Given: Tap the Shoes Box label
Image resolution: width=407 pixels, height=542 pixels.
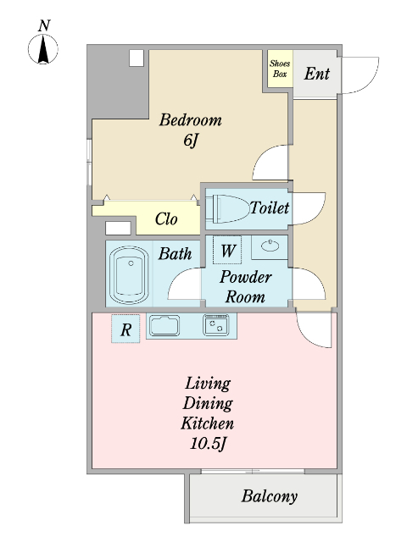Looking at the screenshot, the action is click(x=280, y=69).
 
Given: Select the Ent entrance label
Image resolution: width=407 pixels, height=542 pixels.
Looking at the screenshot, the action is click(x=316, y=74).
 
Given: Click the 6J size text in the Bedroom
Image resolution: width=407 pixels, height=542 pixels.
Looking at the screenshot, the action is click(x=191, y=141).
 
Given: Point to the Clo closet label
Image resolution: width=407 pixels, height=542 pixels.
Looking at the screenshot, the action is click(x=166, y=218).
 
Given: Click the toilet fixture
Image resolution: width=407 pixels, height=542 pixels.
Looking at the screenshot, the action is click(x=227, y=208).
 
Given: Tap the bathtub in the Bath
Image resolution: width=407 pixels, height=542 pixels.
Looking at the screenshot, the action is click(x=129, y=274).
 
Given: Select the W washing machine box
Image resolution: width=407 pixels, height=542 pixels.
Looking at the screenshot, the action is click(x=227, y=250).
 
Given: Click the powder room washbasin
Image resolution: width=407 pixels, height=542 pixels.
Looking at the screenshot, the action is click(x=270, y=246).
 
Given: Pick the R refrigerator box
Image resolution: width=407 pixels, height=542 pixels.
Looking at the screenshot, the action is click(x=125, y=329).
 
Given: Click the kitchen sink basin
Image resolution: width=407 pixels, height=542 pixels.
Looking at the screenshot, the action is click(x=164, y=325).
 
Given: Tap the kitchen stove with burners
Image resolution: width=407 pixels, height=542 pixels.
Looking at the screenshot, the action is click(x=216, y=324).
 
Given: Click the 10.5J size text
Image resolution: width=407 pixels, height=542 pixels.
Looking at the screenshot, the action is click(x=208, y=443).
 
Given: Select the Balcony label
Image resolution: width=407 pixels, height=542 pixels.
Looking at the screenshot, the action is click(x=270, y=497).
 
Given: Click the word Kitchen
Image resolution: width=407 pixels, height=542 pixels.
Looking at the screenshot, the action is click(x=207, y=423).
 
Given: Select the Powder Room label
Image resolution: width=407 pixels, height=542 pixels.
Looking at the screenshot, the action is click(x=245, y=287).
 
